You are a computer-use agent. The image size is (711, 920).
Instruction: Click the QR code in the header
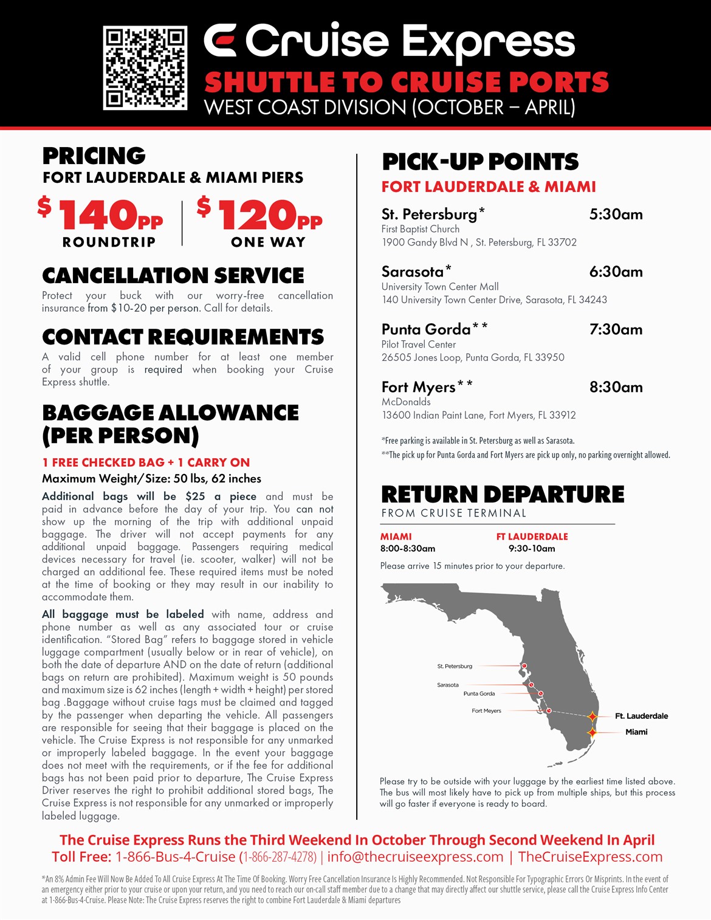point(145,67)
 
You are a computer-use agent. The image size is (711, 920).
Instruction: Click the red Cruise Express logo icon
point(219,41)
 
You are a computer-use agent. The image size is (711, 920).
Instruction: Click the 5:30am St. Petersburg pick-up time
point(616,215)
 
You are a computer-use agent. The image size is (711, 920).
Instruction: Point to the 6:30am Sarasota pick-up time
point(616,272)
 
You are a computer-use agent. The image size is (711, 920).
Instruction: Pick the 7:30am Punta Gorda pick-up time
point(616,330)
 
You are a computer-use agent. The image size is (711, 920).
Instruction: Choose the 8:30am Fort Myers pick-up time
point(616,388)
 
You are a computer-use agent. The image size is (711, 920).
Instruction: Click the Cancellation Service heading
point(173,276)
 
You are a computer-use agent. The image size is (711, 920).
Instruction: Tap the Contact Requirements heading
point(183,337)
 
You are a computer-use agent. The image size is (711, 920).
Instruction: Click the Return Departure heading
point(503,495)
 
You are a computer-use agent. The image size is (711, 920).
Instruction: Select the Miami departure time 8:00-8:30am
point(408,549)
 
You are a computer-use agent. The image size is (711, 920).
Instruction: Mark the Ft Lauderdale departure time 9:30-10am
point(532,549)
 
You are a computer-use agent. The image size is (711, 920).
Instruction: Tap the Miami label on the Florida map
point(636,732)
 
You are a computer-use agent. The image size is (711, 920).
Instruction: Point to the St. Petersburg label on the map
point(455,667)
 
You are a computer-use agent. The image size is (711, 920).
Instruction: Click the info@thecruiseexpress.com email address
point(415,857)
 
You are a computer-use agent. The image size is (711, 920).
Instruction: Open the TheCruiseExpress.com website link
point(590,857)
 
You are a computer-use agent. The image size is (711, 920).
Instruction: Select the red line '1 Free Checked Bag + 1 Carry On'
point(146,462)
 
